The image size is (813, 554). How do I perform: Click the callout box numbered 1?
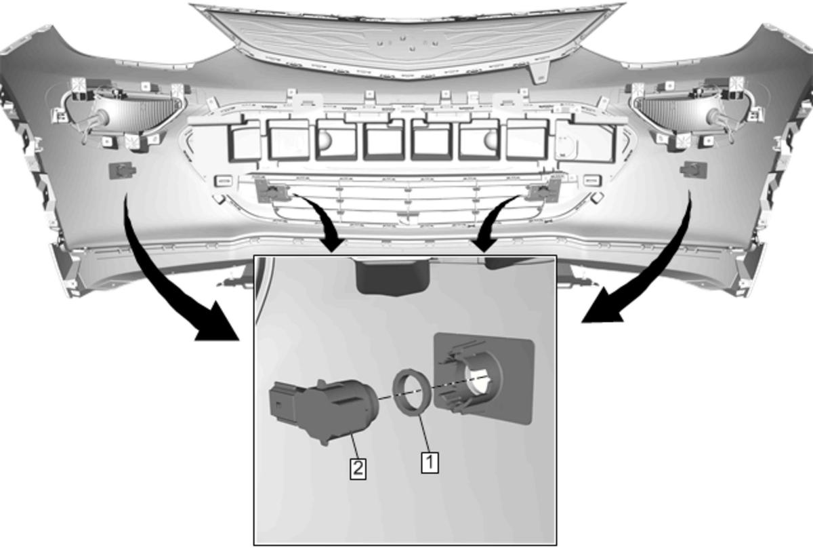[x=430, y=462]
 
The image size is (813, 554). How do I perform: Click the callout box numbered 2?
[x=358, y=469]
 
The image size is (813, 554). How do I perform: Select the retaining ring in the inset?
[x=413, y=392]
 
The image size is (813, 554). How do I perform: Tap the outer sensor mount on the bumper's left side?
[x=123, y=170]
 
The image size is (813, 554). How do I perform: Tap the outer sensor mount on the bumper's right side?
[x=694, y=170]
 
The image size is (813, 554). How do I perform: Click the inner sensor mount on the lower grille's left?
[x=272, y=191]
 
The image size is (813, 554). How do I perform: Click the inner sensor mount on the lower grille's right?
[x=543, y=190]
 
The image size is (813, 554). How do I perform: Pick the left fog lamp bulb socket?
[x=99, y=118]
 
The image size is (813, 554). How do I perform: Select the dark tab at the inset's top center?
[x=392, y=275]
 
